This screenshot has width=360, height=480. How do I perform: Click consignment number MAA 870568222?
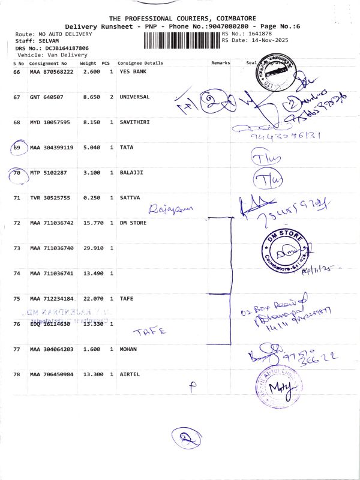coord(52,71)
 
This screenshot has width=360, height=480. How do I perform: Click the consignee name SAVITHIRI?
coord(135,122)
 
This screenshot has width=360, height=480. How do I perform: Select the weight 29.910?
coord(90,248)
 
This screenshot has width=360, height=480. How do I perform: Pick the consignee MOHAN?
coord(128,349)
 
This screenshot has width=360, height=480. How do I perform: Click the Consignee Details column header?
coord(140,63)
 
